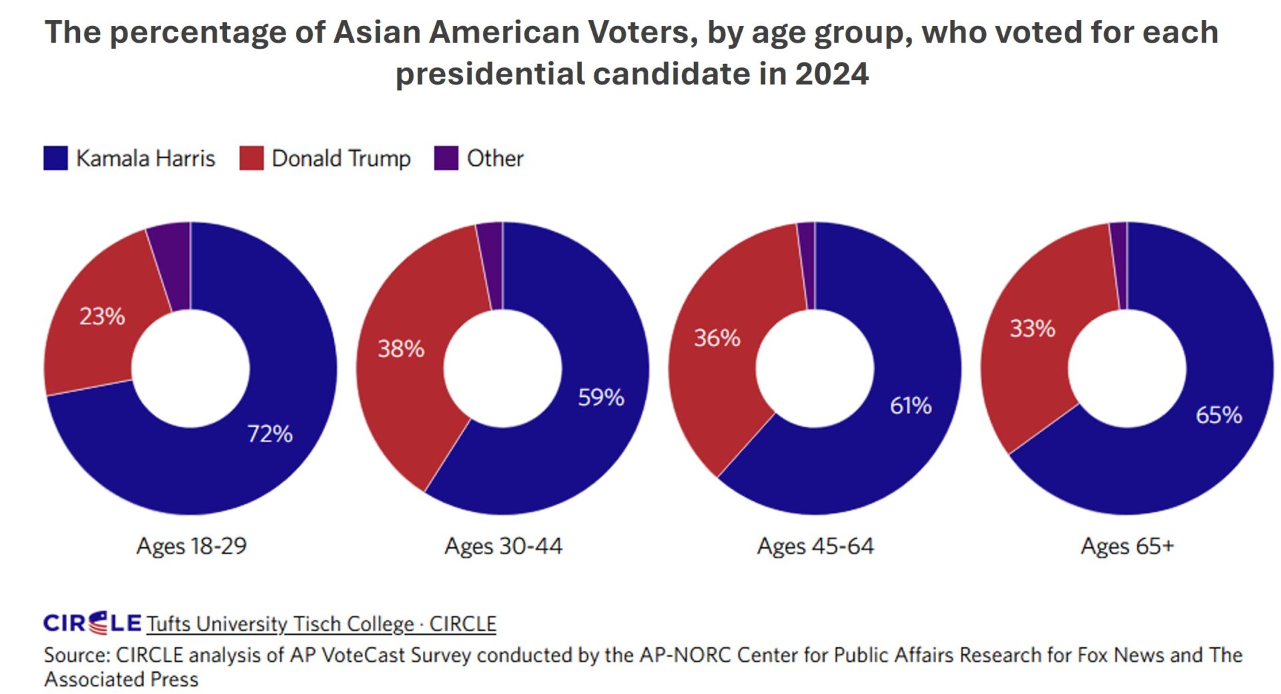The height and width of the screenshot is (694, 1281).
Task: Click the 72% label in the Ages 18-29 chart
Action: pos(270,434)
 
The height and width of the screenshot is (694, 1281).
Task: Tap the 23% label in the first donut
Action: pos(102,316)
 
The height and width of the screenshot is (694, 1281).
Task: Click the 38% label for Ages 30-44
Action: pos(401,349)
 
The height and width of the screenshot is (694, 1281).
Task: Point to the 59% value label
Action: pos(600,397)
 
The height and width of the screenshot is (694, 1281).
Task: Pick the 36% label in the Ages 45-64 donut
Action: pos(717,338)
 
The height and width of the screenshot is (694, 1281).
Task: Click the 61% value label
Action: pos(910,405)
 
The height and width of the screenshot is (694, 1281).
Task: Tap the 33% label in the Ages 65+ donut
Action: pos(1031,329)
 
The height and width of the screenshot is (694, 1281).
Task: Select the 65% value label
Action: pos(1218,415)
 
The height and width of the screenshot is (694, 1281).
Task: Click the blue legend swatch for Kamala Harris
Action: pos(55,159)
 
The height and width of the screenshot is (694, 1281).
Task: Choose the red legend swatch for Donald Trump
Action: pos(251,159)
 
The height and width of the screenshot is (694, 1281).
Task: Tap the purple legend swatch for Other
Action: pos(446,159)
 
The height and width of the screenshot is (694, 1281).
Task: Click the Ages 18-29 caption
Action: pos(191,546)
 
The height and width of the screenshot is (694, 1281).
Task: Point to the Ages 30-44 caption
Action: pos(503,546)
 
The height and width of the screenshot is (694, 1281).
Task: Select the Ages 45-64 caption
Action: pos(815,546)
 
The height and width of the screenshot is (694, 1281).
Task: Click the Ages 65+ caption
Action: pos(1127,546)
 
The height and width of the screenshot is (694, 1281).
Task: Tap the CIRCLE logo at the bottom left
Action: pos(92,623)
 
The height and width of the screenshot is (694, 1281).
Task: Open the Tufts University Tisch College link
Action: pos(321,624)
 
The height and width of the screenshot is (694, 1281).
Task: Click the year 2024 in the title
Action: pos(831,73)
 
